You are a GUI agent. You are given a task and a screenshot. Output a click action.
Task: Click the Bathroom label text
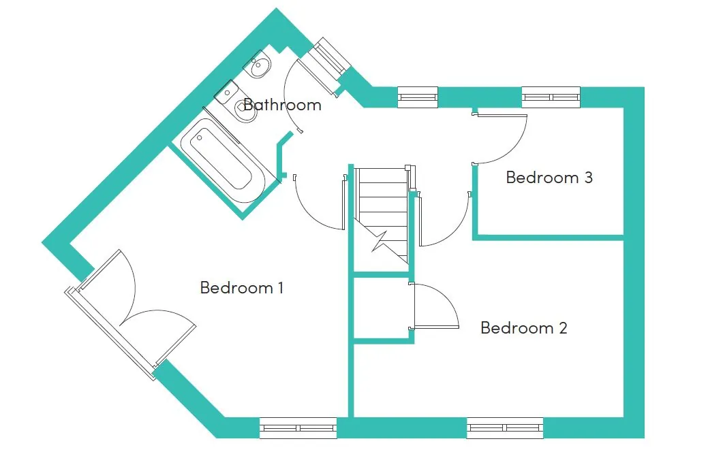coord(283,105)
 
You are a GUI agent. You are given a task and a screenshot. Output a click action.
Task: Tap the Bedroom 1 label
coord(242,288)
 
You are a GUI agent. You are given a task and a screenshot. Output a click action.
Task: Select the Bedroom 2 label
coord(524,328)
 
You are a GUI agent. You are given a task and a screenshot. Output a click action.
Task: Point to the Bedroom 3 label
coord(549,177)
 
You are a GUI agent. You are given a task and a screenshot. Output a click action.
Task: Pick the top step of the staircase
coord(382,176)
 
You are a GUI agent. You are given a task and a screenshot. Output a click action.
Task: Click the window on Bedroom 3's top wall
coord(551,97)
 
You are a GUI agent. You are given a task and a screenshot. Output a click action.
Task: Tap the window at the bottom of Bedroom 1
coord(298,428)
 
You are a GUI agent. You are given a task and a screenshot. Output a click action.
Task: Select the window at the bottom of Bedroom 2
coord(505,428)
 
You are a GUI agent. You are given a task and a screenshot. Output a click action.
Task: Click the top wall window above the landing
coord(418,97)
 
